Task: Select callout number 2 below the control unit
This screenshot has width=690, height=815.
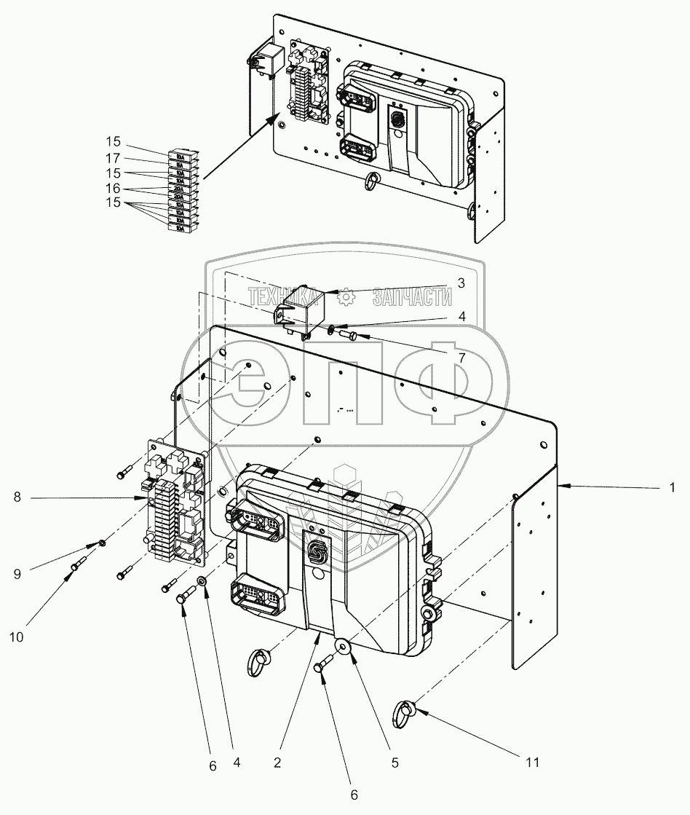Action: point(277,763)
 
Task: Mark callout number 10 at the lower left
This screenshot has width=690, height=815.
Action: point(17,636)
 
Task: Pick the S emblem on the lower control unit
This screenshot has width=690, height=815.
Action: point(317,552)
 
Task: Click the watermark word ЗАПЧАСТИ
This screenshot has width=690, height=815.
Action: point(412,297)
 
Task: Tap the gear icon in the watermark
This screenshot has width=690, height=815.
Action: point(347,297)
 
